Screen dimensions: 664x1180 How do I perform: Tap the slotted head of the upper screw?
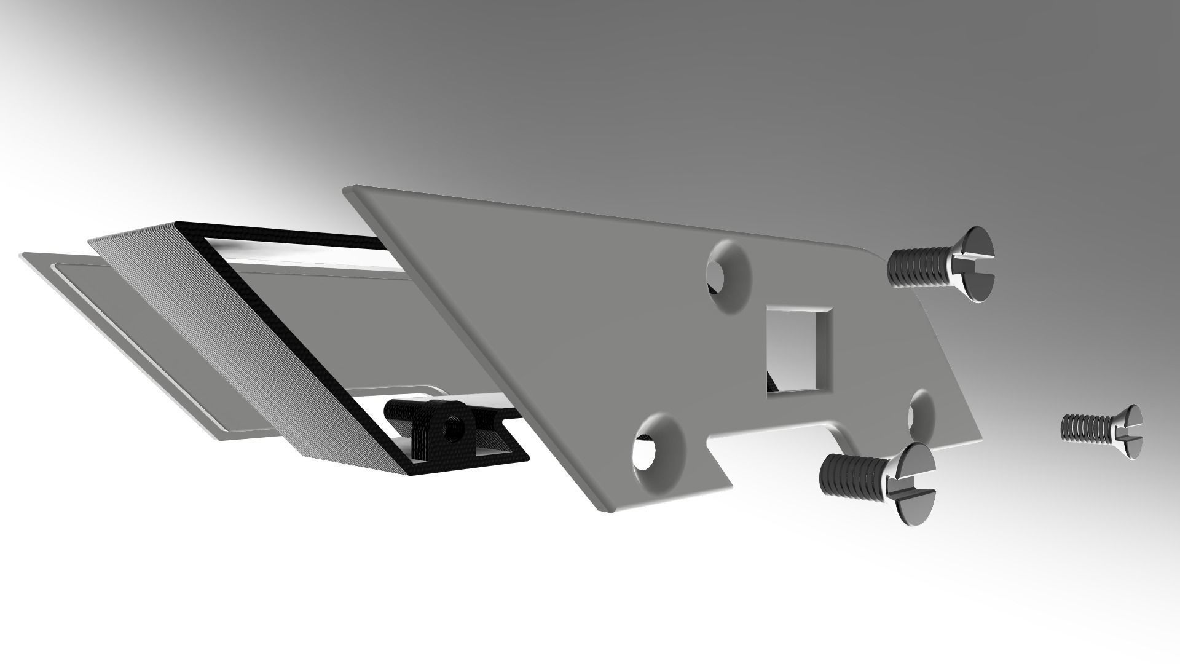click(x=974, y=264)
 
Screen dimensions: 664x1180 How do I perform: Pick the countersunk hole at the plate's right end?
click(x=920, y=410)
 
